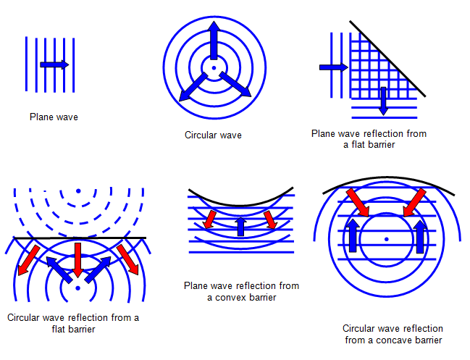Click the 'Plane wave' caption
[54, 116]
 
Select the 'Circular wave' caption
[213, 135]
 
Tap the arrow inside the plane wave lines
[54, 64]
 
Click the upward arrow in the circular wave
[214, 40]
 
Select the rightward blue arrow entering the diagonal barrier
[332, 67]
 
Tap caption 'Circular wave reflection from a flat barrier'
[72, 324]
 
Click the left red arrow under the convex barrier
[210, 218]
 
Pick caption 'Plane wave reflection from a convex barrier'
[241, 291]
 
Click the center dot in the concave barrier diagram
[387, 239]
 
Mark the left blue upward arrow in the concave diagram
[353, 236]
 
